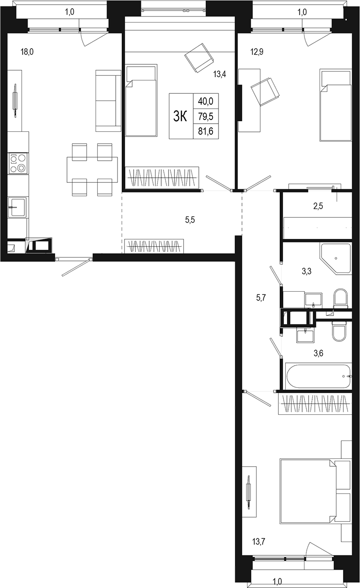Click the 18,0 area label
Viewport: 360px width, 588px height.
point(27,52)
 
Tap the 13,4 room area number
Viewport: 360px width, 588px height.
point(219,74)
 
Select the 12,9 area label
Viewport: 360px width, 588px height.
point(257,52)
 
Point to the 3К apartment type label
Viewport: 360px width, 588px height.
point(180,117)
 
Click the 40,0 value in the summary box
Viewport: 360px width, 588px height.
point(206,101)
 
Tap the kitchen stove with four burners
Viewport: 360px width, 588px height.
point(18,163)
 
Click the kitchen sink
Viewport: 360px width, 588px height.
point(17,207)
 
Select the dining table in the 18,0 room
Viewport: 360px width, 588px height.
point(92,170)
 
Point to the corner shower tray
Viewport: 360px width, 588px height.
point(335,259)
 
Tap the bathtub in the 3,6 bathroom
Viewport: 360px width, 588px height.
point(318,376)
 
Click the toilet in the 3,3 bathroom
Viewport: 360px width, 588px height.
point(340,299)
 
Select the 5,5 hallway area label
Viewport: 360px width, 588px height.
point(190,220)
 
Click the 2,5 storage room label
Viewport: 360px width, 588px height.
point(318,206)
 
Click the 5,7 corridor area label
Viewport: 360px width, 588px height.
point(261,298)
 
